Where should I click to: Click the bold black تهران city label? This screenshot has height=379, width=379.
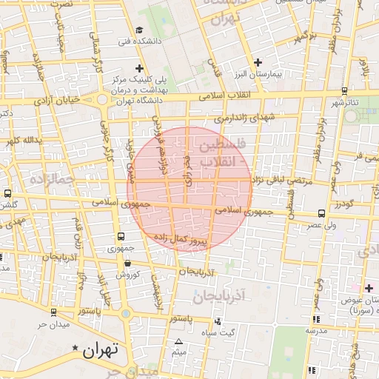click(x=101, y=349)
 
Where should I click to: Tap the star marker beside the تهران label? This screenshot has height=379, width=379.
click(x=75, y=348)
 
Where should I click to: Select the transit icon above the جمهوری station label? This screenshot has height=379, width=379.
click(x=121, y=237)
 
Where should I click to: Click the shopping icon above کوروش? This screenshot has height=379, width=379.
click(x=129, y=264)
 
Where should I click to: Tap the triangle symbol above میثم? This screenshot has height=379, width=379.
click(x=178, y=341)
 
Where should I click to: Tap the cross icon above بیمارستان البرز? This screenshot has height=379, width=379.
click(x=258, y=62)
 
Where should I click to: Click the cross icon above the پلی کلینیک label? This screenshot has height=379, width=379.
click(x=138, y=68)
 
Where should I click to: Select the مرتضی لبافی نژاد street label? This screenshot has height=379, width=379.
click(x=283, y=180)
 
